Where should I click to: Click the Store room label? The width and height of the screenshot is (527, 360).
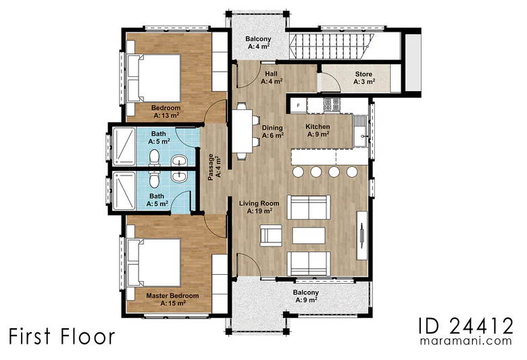363,78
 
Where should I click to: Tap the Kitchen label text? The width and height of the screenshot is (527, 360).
318,130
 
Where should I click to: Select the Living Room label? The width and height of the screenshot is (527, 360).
259,207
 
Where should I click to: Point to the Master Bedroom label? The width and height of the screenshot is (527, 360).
172,299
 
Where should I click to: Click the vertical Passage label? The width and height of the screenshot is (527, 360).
214,167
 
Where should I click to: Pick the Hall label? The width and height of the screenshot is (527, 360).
272,77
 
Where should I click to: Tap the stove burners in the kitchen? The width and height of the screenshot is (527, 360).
332,105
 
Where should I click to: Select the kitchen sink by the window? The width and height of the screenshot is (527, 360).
361,131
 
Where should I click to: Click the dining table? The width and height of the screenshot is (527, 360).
242,131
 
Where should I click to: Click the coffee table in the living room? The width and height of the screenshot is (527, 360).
309,235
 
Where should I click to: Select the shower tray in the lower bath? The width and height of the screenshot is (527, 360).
124,190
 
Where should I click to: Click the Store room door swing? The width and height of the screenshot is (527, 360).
330,82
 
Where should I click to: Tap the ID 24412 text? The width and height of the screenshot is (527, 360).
466,325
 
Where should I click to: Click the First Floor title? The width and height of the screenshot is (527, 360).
62,336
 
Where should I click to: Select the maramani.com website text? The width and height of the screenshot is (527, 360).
466,341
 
